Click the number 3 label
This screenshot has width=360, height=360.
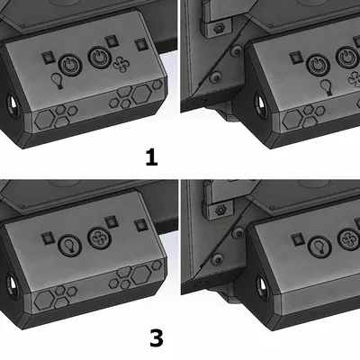tap(156, 338)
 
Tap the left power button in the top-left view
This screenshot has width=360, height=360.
tap(70, 64)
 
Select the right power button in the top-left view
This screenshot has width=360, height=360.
tap(100, 59)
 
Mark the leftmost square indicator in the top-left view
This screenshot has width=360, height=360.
tap(47, 56)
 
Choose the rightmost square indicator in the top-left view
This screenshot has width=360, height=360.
tap(139, 44)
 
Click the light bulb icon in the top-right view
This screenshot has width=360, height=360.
tap(326, 86)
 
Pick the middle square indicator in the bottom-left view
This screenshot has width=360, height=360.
tap(111, 220)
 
